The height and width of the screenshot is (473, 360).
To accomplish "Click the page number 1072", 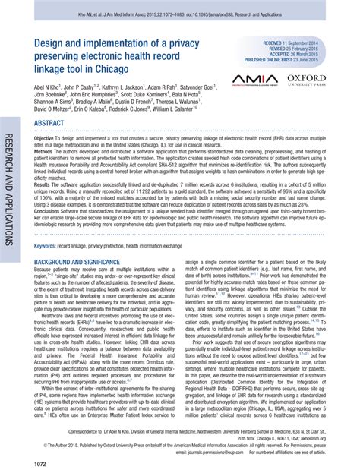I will (43, 462).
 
